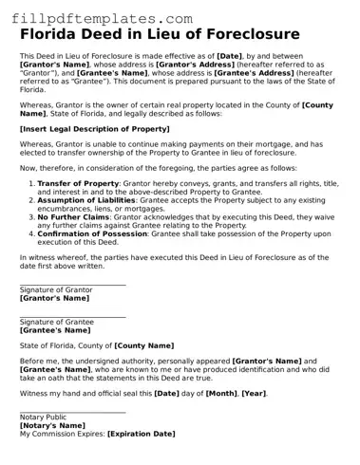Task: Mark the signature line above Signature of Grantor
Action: (72, 284)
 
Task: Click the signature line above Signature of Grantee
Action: (72, 317)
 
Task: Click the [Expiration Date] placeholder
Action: (142, 434)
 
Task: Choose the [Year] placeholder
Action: (254, 392)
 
